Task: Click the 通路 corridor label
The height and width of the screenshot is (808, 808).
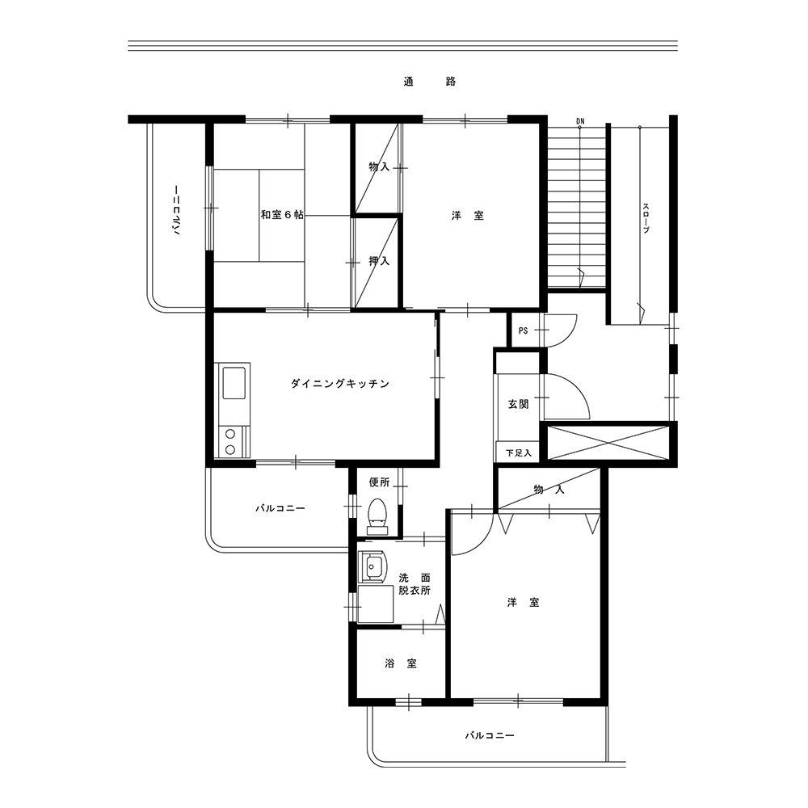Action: pyautogui.click(x=430, y=82)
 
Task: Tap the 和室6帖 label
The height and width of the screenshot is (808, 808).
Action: pyautogui.click(x=282, y=214)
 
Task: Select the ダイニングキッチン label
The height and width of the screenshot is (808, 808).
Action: pyautogui.click(x=340, y=383)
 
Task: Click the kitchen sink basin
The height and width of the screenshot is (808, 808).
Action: pyautogui.click(x=234, y=383)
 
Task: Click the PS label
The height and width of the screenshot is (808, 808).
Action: pyautogui.click(x=523, y=330)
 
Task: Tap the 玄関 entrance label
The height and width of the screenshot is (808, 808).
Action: pyautogui.click(x=519, y=404)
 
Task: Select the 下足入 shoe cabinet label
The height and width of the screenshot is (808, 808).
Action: pyautogui.click(x=519, y=453)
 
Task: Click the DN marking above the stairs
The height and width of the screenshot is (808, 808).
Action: pyautogui.click(x=581, y=122)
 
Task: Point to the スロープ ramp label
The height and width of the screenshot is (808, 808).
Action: pyautogui.click(x=646, y=218)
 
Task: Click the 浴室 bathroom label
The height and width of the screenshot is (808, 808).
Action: pyautogui.click(x=401, y=663)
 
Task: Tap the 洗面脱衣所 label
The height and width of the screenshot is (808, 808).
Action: pyautogui.click(x=415, y=584)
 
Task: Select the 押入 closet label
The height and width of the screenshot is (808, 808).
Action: pyautogui.click(x=379, y=261)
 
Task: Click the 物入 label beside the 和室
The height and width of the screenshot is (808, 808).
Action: pyautogui.click(x=379, y=166)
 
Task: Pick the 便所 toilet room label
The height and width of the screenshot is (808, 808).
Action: pyautogui.click(x=380, y=482)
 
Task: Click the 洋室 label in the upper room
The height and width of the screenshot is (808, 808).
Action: pyautogui.click(x=468, y=216)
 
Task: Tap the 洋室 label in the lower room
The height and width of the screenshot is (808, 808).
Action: pyautogui.click(x=523, y=602)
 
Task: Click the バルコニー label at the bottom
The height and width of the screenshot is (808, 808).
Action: pyautogui.click(x=490, y=735)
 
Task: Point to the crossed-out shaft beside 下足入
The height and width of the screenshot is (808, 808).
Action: pyautogui.click(x=608, y=443)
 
